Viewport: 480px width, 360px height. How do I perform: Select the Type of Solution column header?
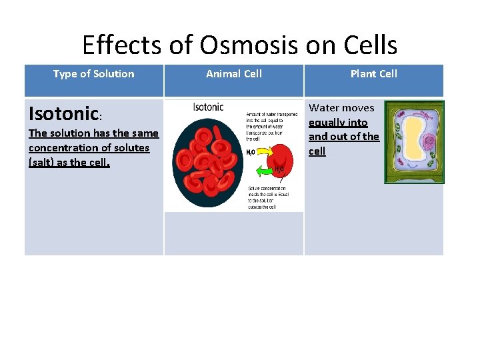93,74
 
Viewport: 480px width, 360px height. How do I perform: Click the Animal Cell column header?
233,74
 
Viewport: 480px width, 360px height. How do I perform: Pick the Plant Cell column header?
373,74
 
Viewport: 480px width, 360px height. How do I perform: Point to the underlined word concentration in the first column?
61,148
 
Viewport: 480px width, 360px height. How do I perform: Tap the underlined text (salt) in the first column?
44,163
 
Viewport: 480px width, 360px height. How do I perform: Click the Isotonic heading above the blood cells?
208,107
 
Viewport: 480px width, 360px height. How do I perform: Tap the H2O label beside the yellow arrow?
250,153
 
